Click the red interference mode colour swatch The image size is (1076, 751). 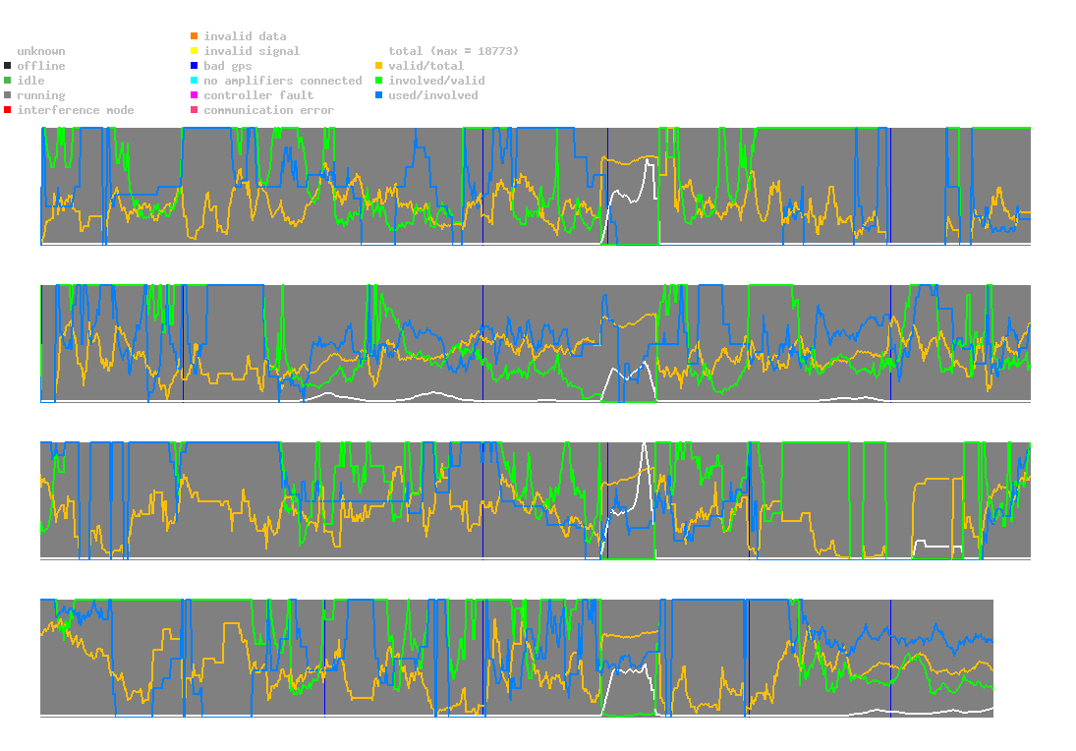click(7, 110)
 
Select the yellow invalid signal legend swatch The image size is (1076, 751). click(195, 51)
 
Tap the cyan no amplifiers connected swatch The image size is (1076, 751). click(195, 81)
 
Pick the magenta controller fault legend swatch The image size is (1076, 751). click(195, 95)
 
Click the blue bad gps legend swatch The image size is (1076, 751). click(195, 66)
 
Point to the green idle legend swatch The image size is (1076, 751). click(7, 81)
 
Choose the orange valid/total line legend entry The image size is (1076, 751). click(379, 66)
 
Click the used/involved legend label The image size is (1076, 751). click(432, 95)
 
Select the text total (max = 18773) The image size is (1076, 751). click(453, 51)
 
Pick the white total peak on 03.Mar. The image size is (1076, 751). click(645, 443)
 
